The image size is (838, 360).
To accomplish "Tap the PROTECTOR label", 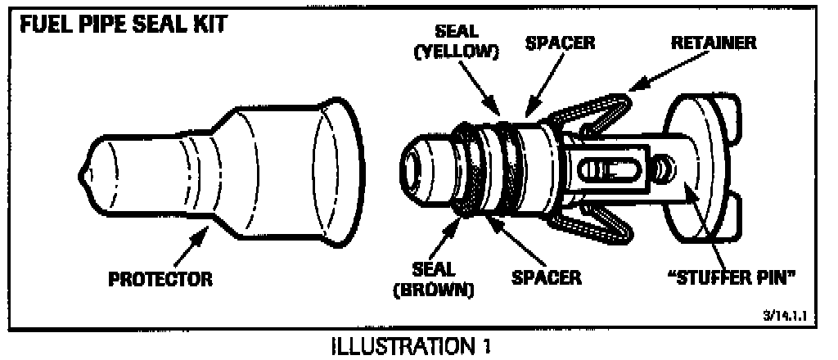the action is (x=160, y=278).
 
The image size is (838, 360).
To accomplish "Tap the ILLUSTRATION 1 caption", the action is (x=408, y=346).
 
